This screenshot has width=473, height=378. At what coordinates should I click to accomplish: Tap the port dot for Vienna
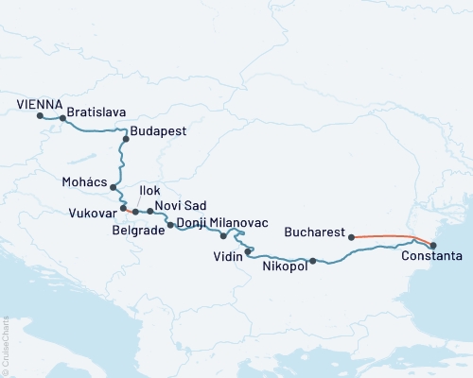click(x=40, y=116)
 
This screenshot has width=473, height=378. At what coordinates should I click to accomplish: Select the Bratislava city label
click(x=96, y=111)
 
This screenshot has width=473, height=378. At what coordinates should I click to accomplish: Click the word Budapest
click(x=158, y=131)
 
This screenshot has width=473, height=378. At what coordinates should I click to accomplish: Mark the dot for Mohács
click(x=114, y=187)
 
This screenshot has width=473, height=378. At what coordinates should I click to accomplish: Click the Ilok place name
click(x=149, y=191)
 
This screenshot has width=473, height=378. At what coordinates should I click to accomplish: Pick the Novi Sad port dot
click(x=149, y=213)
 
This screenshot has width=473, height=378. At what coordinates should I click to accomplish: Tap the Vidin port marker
click(x=248, y=251)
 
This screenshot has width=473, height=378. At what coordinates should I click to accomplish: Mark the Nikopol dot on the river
click(x=313, y=261)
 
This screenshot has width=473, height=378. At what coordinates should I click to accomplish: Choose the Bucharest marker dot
click(x=352, y=237)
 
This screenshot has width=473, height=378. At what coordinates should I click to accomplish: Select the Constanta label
click(x=431, y=256)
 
